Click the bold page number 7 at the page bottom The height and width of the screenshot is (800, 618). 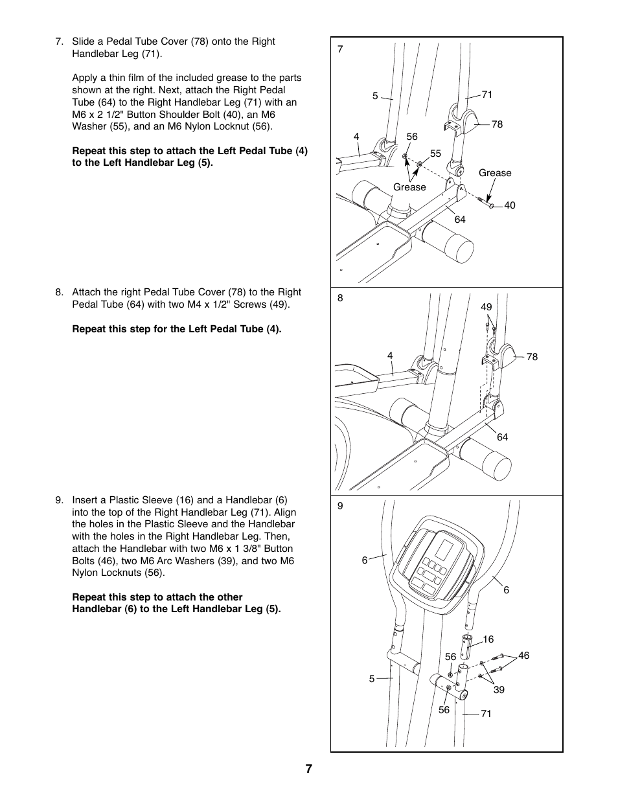(x=309, y=769)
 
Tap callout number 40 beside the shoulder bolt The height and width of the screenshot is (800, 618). (x=510, y=205)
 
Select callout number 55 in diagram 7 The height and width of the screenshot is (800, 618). (x=435, y=154)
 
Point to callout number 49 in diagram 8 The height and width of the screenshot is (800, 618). (x=486, y=307)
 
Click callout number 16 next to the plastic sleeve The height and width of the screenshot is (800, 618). (x=488, y=639)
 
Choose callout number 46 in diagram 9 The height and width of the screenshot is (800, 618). (x=523, y=656)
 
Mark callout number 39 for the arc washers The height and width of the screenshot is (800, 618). (x=499, y=690)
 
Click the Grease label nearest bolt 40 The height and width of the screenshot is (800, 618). (x=495, y=173)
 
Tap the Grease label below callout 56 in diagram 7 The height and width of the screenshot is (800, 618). (x=409, y=187)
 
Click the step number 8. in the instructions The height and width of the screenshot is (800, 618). (x=60, y=292)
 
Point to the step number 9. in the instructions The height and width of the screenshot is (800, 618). (x=60, y=500)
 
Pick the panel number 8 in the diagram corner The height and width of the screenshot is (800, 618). (x=340, y=299)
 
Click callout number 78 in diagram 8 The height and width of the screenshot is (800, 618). (x=532, y=357)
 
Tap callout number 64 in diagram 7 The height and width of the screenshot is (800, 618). (x=460, y=220)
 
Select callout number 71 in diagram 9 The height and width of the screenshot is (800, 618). (x=486, y=714)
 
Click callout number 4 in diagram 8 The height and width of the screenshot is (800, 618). (x=390, y=355)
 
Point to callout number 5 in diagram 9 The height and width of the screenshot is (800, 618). (x=372, y=679)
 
